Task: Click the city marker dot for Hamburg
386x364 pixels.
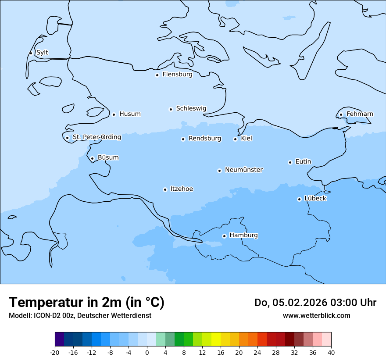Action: pyautogui.click(x=224, y=236)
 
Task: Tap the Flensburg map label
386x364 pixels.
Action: pyautogui.click(x=177, y=75)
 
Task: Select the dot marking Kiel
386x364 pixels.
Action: pyautogui.click(x=235, y=139)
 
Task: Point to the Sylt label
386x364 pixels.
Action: pyautogui.click(x=42, y=53)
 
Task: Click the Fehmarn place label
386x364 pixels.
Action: pyautogui.click(x=360, y=114)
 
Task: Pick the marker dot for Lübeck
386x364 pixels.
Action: pyautogui.click(x=299, y=199)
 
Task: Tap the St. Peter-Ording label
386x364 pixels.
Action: pyautogui.click(x=96, y=137)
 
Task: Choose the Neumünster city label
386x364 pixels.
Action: pyautogui.click(x=244, y=170)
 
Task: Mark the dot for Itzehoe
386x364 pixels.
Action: pyautogui.click(x=165, y=189)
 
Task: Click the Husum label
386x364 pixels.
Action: pyautogui.click(x=130, y=114)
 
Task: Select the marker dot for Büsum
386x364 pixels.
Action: pyautogui.click(x=92, y=158)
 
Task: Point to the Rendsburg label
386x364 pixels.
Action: pyautogui.click(x=205, y=139)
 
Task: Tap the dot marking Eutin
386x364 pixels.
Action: pyautogui.click(x=290, y=162)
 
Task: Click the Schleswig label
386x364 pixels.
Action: pyautogui.click(x=191, y=108)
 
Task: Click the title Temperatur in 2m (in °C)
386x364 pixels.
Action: pyautogui.click(x=86, y=303)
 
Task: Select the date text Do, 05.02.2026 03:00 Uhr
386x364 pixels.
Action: pyautogui.click(x=315, y=303)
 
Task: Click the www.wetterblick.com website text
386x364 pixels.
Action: pyautogui.click(x=316, y=316)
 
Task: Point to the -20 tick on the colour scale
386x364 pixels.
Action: pyautogui.click(x=55, y=353)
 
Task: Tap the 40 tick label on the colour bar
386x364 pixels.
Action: pyautogui.click(x=331, y=353)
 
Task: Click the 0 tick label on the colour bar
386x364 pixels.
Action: pyautogui.click(x=147, y=353)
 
